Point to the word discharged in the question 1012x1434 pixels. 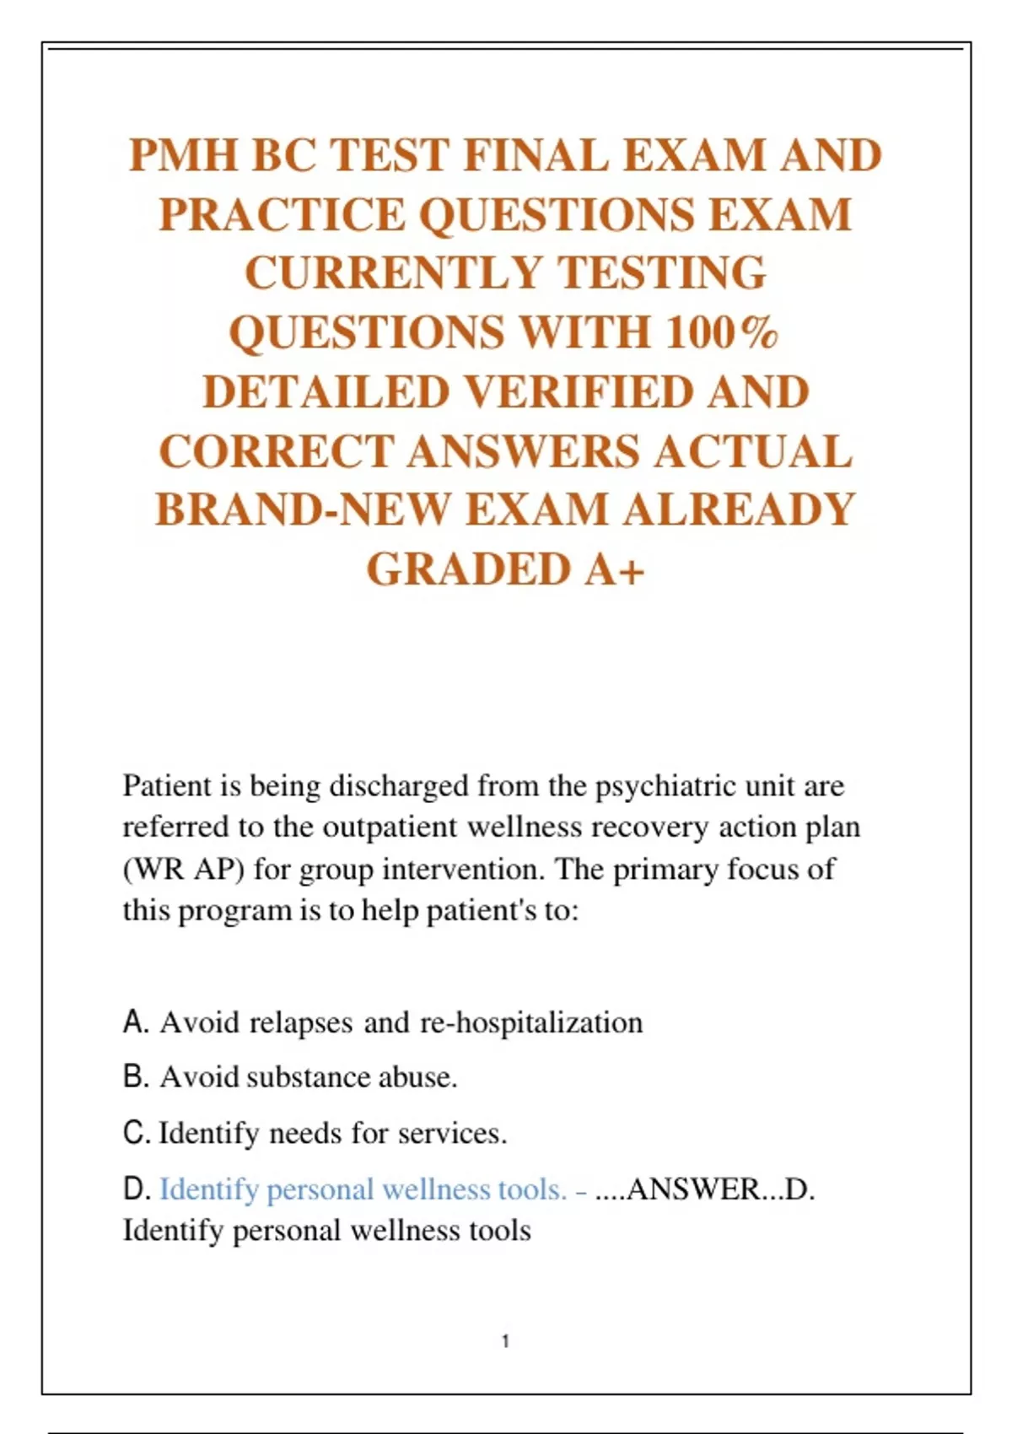399,786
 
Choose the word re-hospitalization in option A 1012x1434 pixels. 531,1022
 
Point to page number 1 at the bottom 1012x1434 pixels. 505,1341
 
